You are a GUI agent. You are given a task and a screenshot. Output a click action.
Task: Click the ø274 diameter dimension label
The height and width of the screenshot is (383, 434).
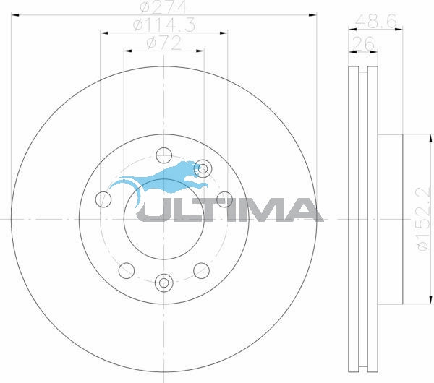(x=164, y=7)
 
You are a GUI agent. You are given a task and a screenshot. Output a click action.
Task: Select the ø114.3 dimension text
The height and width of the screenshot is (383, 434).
(x=164, y=25)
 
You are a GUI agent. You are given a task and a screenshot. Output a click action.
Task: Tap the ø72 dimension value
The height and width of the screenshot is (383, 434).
(x=164, y=43)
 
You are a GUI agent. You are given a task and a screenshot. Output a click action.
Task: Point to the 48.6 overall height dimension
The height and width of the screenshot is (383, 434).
(x=376, y=21)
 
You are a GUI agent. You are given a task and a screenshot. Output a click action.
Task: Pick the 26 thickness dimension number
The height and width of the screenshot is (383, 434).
(x=363, y=43)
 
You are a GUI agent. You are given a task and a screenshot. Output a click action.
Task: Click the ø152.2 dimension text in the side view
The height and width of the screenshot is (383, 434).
(x=425, y=219)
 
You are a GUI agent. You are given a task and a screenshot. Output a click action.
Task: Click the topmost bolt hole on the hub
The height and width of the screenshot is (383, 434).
(x=164, y=155)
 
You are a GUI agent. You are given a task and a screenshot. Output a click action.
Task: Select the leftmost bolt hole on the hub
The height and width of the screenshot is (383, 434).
(x=103, y=199)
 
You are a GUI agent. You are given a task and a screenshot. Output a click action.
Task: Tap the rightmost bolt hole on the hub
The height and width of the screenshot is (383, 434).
(x=224, y=199)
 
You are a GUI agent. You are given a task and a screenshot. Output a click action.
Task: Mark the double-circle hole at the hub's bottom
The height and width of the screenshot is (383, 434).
(x=164, y=283)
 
